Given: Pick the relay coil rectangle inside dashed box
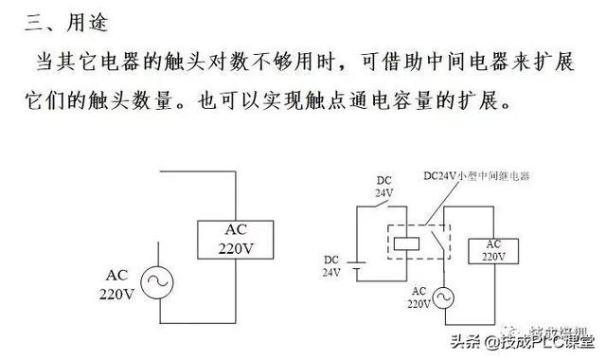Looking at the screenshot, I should [x=404, y=242].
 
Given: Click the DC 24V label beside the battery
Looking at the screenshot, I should [x=331, y=265].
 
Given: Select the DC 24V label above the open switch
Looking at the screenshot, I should [x=383, y=187].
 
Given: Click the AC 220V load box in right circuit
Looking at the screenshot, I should [x=493, y=249].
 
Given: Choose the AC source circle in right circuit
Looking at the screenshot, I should [x=440, y=298].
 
